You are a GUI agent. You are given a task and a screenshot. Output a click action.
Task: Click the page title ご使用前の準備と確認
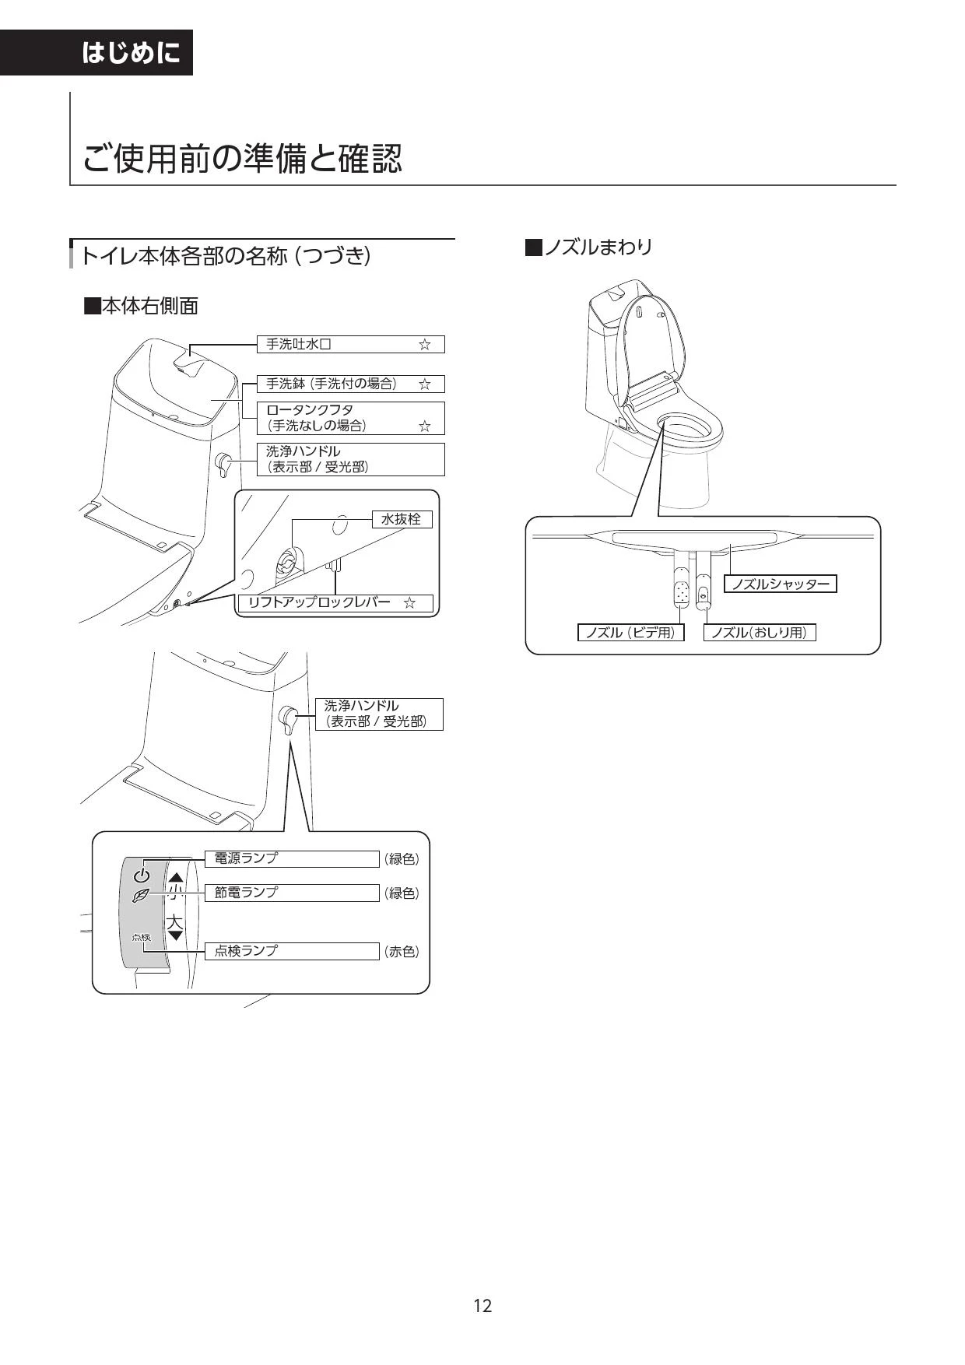click(243, 159)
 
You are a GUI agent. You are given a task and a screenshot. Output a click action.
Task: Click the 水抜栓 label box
click(402, 519)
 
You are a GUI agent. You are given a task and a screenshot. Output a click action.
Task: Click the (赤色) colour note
click(402, 952)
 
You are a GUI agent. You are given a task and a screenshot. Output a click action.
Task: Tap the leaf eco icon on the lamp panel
click(141, 896)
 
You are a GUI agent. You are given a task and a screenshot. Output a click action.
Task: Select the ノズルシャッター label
click(781, 584)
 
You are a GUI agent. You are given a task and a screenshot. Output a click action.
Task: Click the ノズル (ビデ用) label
click(630, 633)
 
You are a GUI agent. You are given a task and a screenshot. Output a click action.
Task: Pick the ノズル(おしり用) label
click(760, 633)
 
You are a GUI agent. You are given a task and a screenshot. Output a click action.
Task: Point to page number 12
click(482, 1306)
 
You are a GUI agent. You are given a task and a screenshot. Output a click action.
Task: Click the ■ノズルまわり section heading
click(589, 247)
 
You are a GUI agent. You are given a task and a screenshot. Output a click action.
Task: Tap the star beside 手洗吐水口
click(424, 345)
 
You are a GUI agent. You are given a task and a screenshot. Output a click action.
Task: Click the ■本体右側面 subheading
click(141, 306)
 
